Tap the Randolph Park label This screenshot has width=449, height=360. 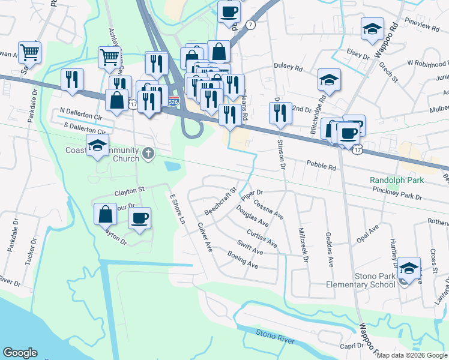point(396,180)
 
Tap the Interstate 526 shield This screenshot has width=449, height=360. point(173,101)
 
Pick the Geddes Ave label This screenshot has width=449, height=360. point(328,249)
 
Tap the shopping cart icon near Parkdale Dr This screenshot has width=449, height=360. point(29,52)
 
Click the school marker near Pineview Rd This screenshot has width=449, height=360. point(372,28)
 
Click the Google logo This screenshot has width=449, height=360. point(20,353)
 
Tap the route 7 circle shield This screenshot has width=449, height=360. point(250,25)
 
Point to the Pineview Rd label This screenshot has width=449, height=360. point(423,26)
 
